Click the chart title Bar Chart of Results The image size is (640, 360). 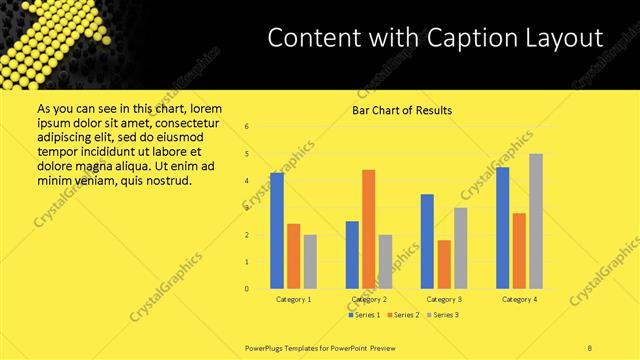pyautogui.click(x=400, y=110)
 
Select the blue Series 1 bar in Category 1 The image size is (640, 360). pyautogui.click(x=277, y=230)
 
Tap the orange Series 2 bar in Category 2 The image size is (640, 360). pyautogui.click(x=369, y=229)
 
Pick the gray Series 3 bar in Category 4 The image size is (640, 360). pyautogui.click(x=536, y=221)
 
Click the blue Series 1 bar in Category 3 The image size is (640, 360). pyautogui.click(x=427, y=241)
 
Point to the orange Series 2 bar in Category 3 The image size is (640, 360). pyautogui.click(x=444, y=264)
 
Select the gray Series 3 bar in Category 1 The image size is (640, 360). pyautogui.click(x=310, y=261)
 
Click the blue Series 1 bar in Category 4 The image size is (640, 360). pyautogui.click(x=503, y=227)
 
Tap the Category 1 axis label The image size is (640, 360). pyautogui.click(x=293, y=299)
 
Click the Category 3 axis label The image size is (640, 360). pyautogui.click(x=444, y=299)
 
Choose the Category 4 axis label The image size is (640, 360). pyautogui.click(x=519, y=299)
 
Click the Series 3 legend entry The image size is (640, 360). pyautogui.click(x=443, y=315)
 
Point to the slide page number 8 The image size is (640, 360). pyautogui.click(x=590, y=347)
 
